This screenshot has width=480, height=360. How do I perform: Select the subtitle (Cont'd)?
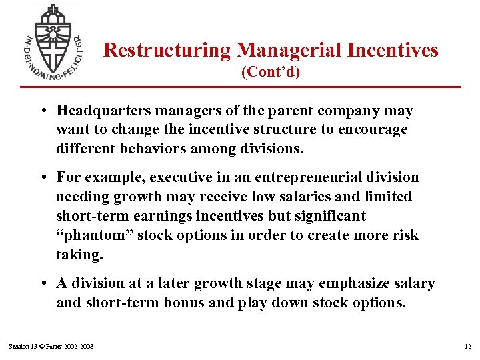click(271, 71)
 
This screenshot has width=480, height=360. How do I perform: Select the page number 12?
click(467, 346)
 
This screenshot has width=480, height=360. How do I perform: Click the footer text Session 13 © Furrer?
click(51, 346)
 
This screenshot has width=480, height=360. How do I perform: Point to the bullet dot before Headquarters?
click(43, 111)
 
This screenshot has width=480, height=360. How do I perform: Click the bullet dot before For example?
click(43, 178)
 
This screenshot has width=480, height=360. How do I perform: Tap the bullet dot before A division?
click(43, 284)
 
